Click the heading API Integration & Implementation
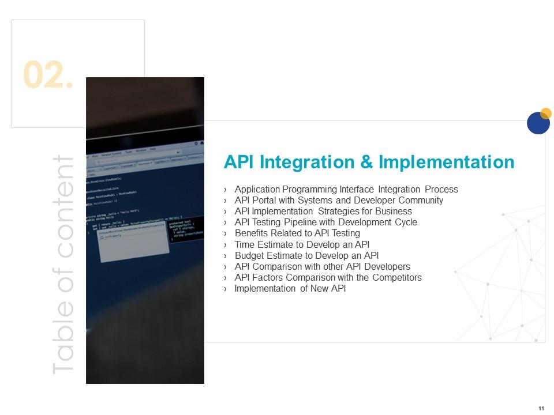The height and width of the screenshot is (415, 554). tap(369, 162)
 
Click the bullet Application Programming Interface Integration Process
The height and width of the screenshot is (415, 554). tap(346, 190)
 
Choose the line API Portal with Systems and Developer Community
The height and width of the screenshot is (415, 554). tap(339, 201)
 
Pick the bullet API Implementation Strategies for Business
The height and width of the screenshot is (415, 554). tap(323, 212)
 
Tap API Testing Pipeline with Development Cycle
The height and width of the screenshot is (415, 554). tap(325, 222)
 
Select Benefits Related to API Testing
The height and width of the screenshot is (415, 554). tap(297, 233)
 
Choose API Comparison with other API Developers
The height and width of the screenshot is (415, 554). tap(322, 267)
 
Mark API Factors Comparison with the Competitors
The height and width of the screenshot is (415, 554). tap(328, 278)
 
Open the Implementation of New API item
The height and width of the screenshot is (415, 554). tap(290, 289)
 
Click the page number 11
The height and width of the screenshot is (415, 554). tap(541, 409)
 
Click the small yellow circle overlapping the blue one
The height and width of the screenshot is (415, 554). tap(546, 113)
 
